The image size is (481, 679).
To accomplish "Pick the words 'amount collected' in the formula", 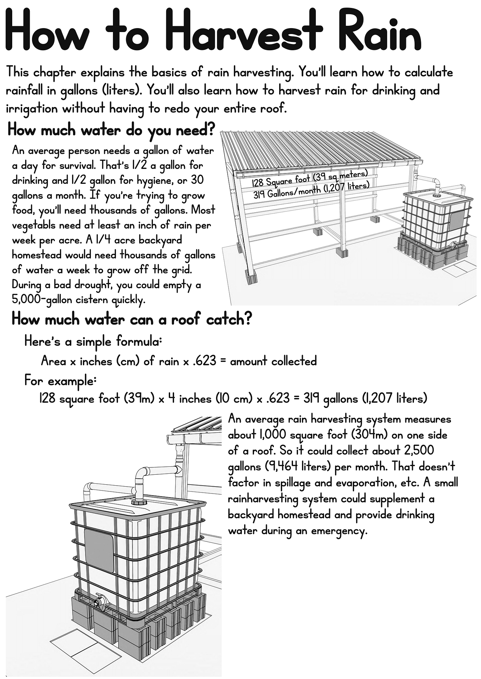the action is [273, 361].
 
